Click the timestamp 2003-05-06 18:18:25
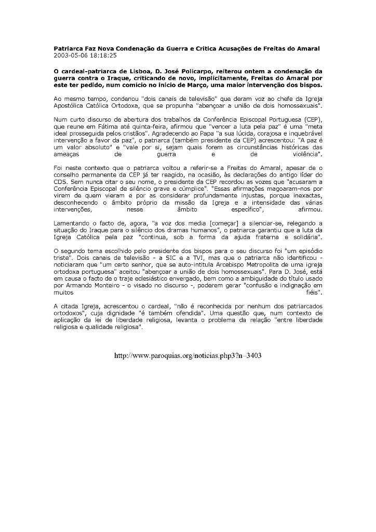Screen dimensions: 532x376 [85, 55]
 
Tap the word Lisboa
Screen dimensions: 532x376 [120, 70]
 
